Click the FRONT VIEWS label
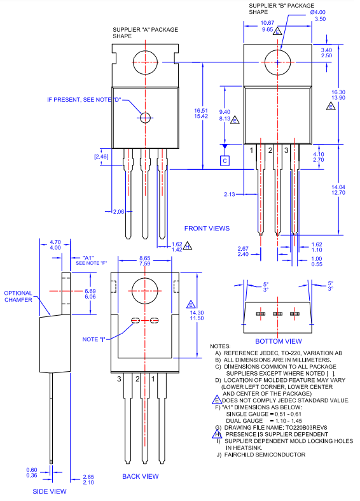tap(207, 228)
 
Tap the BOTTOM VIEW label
tap(279, 341)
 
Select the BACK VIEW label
tap(141, 476)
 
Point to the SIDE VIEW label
tap(50, 491)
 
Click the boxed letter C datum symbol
tap(225, 160)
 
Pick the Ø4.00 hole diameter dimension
tap(317, 12)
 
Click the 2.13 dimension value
tap(230, 194)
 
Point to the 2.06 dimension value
tap(118, 211)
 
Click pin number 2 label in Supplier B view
tap(270, 150)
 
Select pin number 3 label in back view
tap(119, 379)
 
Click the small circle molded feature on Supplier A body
tap(146, 117)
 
